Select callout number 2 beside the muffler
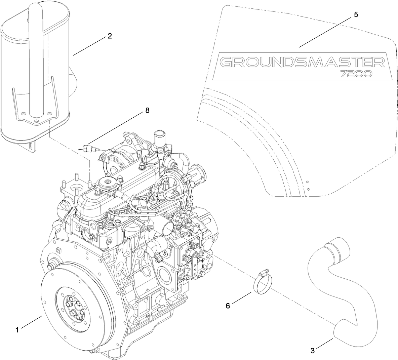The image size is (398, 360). coord(110,36)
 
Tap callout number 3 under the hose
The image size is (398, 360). coord(313,351)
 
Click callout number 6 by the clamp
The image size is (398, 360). coord(228,306)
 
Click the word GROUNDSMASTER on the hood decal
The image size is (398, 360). coord(301,62)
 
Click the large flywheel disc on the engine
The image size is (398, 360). coord(76,309)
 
